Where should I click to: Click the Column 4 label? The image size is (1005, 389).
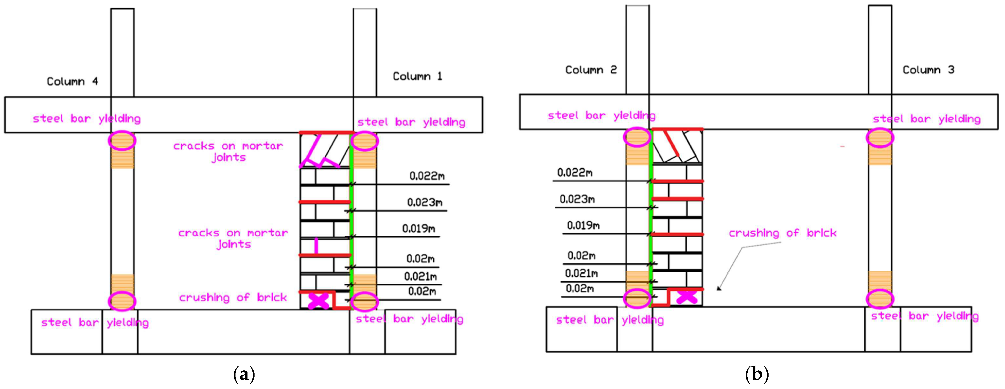[x=72, y=82]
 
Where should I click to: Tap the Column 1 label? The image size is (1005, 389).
[x=417, y=76]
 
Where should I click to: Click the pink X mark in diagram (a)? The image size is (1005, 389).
[x=319, y=301]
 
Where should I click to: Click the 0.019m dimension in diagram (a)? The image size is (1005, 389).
[x=419, y=228]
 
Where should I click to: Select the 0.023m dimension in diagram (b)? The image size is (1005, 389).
[x=577, y=199]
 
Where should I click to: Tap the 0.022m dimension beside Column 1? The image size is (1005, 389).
[x=427, y=176]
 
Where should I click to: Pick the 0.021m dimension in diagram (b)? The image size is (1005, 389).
[x=581, y=273]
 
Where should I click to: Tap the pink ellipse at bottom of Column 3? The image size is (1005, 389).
[x=880, y=299]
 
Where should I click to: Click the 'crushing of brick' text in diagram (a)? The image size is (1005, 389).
[x=233, y=298]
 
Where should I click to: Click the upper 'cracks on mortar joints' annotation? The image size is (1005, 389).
[x=228, y=151]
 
